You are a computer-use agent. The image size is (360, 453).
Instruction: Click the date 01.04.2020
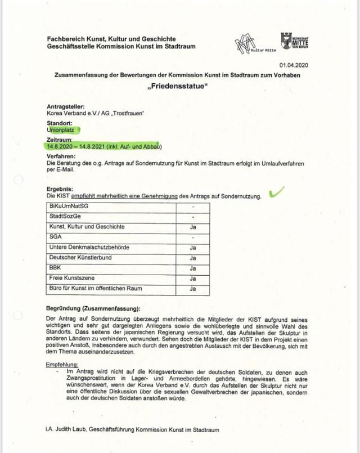[295, 65]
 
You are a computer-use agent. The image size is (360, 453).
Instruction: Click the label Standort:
[60, 122]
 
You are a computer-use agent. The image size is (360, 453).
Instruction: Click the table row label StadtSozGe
[65, 217]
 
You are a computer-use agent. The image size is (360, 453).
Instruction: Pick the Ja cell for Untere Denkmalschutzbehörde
[192, 248]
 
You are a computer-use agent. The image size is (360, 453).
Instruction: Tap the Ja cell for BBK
[192, 268]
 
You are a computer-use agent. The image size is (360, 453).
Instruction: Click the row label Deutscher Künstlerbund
[80, 258]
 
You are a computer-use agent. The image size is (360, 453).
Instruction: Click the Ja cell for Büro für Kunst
[192, 289]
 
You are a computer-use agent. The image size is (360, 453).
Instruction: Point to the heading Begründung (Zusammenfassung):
[93, 308]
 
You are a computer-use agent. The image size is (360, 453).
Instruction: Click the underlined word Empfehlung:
[62, 364]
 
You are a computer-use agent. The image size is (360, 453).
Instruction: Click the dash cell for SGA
[192, 237]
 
